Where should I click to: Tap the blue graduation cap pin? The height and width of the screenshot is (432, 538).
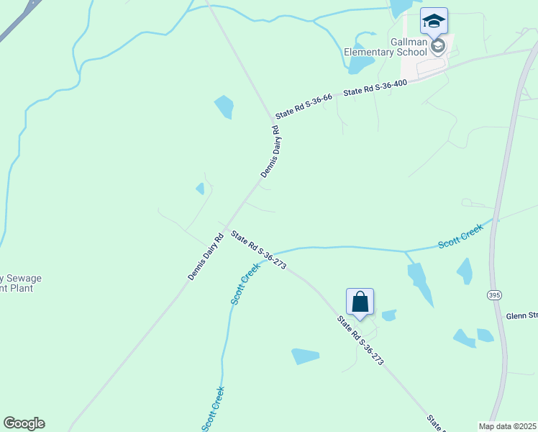click(434, 20)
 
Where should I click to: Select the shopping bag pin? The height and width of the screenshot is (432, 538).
click(360, 302)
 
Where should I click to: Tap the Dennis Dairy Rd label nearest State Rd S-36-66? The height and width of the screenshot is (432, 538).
click(270, 152)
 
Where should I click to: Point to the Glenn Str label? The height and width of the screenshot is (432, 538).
click(521, 315)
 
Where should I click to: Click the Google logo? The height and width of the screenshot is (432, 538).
click(24, 423)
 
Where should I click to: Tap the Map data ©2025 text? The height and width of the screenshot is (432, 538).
click(508, 426)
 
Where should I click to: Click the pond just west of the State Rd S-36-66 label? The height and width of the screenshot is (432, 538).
click(224, 107)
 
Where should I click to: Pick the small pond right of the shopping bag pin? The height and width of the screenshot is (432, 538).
click(389, 315)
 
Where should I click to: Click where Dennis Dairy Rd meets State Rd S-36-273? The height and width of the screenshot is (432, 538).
click(225, 227)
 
